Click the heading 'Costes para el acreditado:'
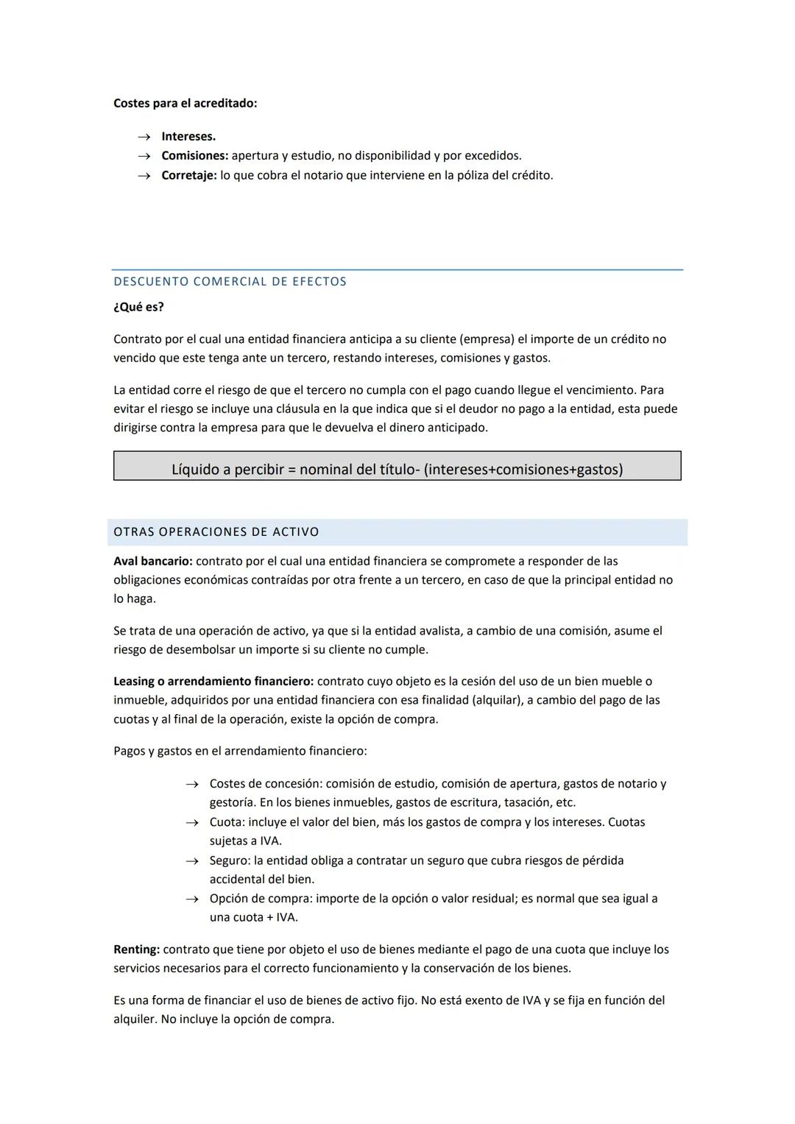tap(185, 103)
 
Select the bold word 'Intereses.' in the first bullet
tap(188, 136)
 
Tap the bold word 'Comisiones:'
tap(195, 155)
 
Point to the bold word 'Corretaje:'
tap(189, 175)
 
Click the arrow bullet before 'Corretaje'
tap(145, 176)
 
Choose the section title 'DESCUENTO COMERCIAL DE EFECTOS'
tap(230, 281)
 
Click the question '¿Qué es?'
tap(138, 307)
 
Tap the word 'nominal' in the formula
tap(325, 469)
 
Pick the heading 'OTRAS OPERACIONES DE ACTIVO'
tap(216, 531)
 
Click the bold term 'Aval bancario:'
tap(152, 561)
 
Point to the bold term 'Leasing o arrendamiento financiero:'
tap(213, 681)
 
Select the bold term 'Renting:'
tap(136, 949)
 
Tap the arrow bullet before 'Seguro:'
tap(192, 861)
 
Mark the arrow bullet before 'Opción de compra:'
tap(192, 899)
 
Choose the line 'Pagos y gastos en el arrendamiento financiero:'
tap(240, 751)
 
